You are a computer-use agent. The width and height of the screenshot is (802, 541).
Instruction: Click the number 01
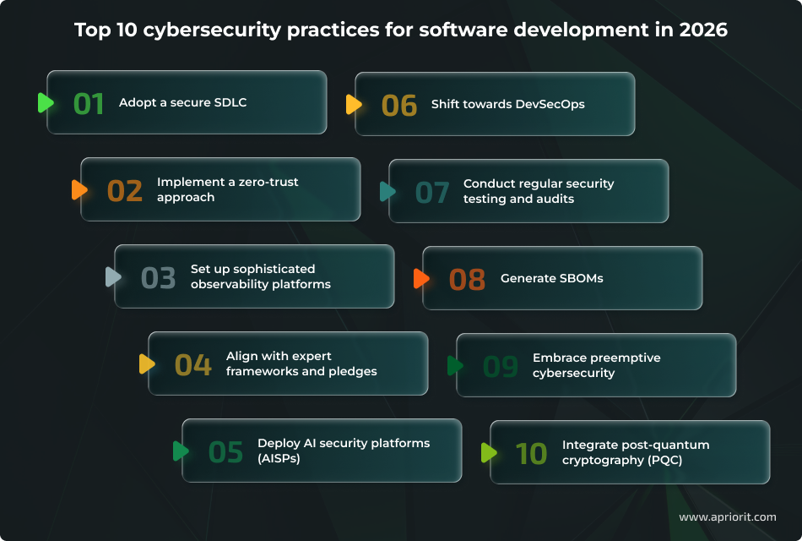89,103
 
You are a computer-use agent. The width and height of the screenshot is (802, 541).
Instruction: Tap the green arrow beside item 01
46,103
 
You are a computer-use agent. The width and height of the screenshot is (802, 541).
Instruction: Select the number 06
399,105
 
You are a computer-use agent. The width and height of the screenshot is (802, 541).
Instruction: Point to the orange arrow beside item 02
79,189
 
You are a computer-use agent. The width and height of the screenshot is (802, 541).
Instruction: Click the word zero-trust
268,182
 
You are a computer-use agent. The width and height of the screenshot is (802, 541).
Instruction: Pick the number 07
432,192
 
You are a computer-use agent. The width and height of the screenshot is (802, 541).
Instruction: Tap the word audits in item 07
555,199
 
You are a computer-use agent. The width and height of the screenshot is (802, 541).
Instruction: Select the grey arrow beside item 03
113,276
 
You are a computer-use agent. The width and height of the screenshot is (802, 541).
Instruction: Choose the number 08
467,279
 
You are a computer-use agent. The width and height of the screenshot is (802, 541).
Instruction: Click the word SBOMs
578,278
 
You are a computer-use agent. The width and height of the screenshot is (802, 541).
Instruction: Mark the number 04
192,364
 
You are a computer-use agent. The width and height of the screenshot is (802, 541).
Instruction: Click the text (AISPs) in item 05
279,458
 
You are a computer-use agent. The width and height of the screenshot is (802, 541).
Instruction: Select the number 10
532,453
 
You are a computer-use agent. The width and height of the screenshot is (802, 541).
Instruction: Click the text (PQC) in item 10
664,460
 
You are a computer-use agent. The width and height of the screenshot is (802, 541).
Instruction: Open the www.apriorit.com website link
727,516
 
